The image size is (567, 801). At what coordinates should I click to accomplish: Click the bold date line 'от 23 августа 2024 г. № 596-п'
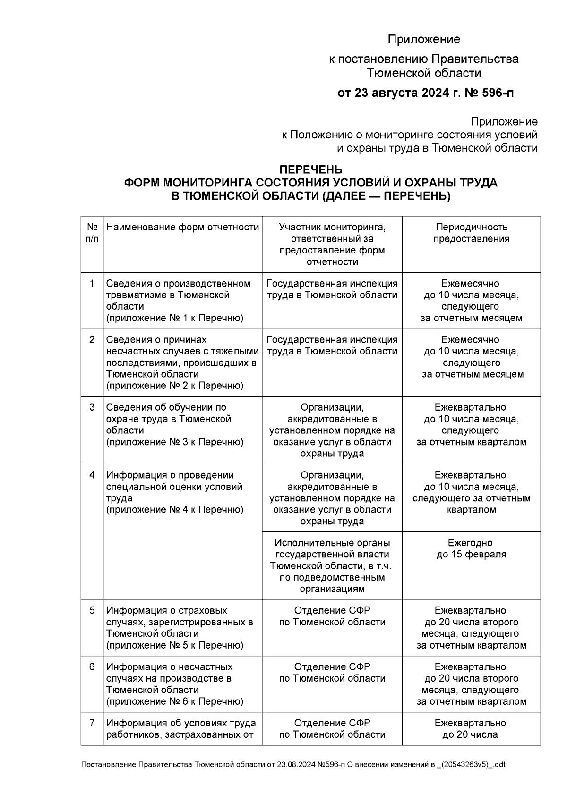pos(425,93)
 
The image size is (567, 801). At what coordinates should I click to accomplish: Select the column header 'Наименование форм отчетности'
pos(182,228)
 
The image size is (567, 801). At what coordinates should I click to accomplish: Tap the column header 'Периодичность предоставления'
pos(471,233)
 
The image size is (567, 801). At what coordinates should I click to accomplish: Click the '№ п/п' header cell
pos(92,233)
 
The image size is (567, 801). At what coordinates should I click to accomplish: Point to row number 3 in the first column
pos(92,407)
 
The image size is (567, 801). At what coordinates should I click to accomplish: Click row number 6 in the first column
pos(92,667)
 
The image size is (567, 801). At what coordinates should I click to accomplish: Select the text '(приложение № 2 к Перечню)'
pos(175,386)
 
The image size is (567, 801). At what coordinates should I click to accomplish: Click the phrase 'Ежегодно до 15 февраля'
pos(471,548)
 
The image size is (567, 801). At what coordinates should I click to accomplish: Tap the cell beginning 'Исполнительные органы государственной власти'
pos(332,565)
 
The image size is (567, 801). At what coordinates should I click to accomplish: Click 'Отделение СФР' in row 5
pos(332,611)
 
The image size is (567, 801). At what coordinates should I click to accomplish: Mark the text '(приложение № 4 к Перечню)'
pos(175,510)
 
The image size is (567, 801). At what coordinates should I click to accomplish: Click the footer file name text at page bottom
pos(293,765)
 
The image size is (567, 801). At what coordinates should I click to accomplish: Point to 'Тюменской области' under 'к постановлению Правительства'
pos(424,73)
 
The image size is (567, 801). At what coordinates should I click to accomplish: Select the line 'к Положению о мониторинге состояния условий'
pos(409,135)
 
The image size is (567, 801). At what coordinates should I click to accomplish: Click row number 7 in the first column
pos(92,723)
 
